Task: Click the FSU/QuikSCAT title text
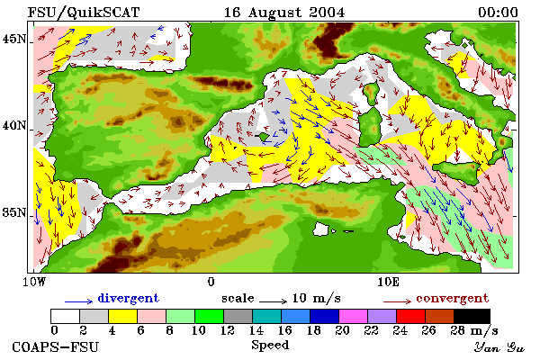point(84,13)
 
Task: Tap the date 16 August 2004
point(284,13)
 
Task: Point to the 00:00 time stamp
point(498,13)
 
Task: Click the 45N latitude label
point(14,39)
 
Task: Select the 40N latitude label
point(14,125)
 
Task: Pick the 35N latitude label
point(14,212)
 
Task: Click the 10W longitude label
point(34,282)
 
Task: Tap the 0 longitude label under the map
point(211,282)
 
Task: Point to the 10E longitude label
point(388,282)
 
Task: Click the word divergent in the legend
point(128,298)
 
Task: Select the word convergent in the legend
point(452,298)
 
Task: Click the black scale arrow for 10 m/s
point(273,301)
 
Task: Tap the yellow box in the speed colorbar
point(123,316)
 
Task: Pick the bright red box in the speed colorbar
point(410,316)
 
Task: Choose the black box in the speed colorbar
point(472,316)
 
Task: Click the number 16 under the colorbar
point(284,330)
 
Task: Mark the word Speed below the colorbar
point(270,346)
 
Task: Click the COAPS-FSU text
point(56,346)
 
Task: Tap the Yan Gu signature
point(499,347)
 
